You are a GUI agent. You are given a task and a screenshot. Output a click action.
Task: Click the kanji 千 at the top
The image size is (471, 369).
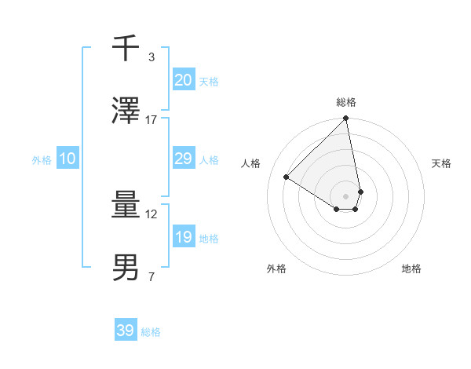126,49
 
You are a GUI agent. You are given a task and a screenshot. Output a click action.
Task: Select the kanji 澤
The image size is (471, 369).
126,111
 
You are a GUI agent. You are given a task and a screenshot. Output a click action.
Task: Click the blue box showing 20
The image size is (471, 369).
183,80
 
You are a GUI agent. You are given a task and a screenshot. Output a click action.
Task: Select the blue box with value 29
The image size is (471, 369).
183,159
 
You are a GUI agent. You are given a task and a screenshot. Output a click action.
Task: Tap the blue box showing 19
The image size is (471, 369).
183,237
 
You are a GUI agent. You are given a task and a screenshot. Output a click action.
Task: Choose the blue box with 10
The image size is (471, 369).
68,159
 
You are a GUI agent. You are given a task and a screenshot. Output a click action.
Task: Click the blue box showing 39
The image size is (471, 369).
126,331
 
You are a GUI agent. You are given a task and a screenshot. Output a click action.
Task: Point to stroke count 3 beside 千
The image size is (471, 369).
151,57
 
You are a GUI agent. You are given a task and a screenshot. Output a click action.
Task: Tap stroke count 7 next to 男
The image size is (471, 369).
151,277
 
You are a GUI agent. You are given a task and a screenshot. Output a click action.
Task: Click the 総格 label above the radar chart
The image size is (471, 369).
346,102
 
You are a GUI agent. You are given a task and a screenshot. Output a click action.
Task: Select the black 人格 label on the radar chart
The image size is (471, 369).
251,163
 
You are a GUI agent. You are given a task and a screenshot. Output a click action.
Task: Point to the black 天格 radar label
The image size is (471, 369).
442,163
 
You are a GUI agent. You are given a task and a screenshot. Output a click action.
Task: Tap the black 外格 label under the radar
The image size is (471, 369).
276,269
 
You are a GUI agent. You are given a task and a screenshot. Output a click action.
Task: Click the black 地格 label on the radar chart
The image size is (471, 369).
411,269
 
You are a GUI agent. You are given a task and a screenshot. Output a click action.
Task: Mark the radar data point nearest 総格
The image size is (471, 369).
346,119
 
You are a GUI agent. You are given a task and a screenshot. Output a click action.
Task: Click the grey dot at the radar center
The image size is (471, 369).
346,196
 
